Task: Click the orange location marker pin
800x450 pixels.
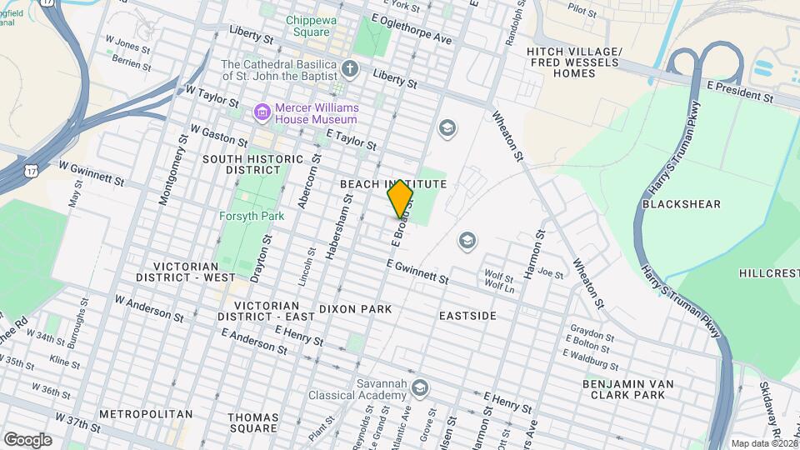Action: tap(401, 198)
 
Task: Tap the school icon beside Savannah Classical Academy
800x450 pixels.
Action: tap(420, 387)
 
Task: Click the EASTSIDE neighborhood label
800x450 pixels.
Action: tap(467, 316)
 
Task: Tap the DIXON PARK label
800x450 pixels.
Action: tap(355, 309)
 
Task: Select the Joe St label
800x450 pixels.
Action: tap(551, 272)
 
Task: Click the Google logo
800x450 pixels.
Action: tap(27, 439)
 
